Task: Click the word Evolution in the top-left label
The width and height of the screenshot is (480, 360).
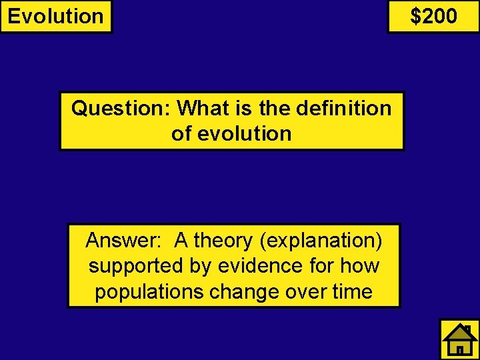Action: coord(56,16)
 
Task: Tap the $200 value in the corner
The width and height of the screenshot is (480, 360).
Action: coord(433,16)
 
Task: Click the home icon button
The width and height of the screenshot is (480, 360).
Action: coord(459,339)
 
